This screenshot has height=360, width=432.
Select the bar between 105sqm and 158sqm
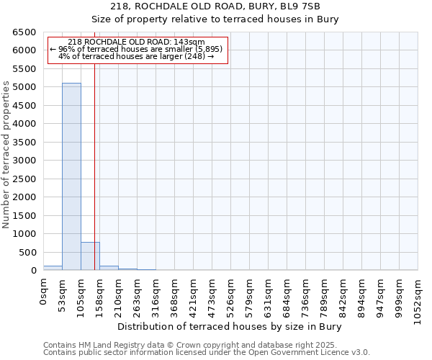tap(90, 256)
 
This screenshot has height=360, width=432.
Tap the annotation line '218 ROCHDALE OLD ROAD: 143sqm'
tap(137, 42)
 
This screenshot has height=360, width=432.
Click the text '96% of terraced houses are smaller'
tap(137, 49)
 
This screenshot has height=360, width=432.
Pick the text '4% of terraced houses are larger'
tap(137, 56)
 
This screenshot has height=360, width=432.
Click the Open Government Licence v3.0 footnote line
tap(207, 353)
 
